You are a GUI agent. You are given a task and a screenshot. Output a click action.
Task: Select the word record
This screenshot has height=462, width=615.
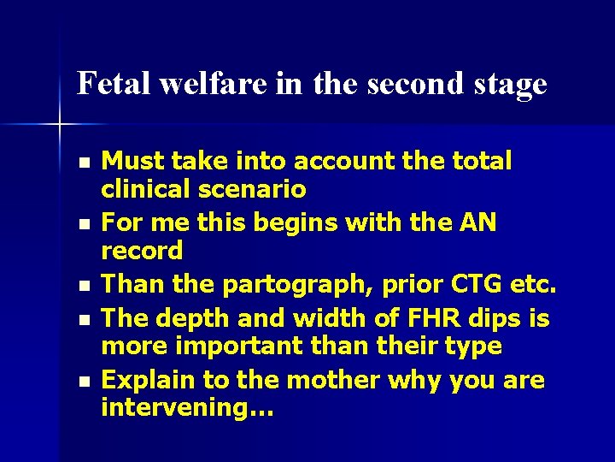pos(142,251)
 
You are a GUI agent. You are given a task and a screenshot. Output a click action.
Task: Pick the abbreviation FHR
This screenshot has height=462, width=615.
pos(427,318)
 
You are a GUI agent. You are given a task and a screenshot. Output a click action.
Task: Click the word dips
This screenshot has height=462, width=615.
pos(502,318)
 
